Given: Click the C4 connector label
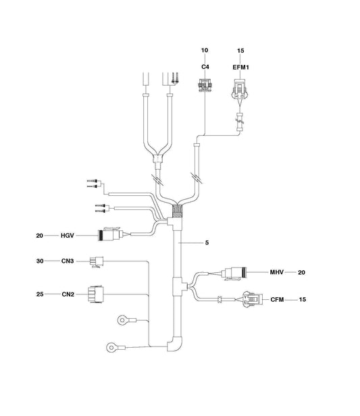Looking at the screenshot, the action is (x=205, y=67).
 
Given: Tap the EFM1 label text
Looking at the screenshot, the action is (x=241, y=68).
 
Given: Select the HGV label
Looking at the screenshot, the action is (x=67, y=236).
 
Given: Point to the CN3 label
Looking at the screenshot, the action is (x=68, y=261).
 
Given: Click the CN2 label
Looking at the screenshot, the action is (x=68, y=294).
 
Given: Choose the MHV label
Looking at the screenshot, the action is (x=277, y=272).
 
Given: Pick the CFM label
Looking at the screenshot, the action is (x=277, y=300).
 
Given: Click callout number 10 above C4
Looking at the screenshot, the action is (x=205, y=50).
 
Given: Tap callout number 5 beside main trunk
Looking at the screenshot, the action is (x=207, y=242).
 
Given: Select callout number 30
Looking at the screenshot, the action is (x=40, y=261).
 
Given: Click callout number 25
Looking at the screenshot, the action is (x=40, y=294).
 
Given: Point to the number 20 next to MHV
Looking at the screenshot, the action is (x=301, y=272).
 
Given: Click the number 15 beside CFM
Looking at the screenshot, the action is (x=303, y=300).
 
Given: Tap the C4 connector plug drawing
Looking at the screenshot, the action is (x=205, y=85).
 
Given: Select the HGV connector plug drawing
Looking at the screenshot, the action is (x=111, y=234).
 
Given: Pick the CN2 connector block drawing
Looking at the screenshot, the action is (x=95, y=294).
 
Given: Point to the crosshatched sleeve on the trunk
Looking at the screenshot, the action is (x=177, y=211).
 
